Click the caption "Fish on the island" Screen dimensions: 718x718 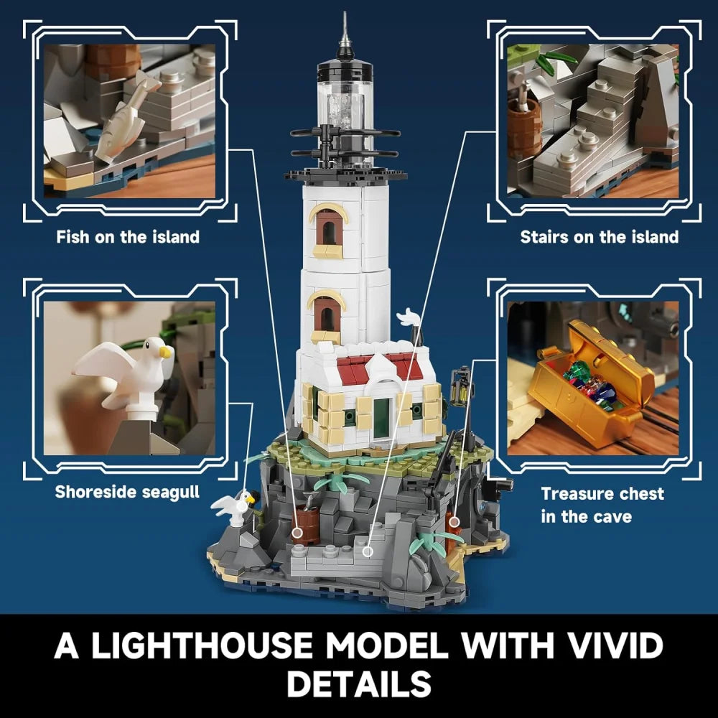tap(128, 237)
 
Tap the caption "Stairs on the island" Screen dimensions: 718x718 tap(599, 237)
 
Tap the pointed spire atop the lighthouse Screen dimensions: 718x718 tap(345, 32)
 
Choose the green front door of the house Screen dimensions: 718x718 tap(381, 416)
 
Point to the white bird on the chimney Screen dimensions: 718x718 tap(409, 318)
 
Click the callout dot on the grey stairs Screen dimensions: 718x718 tap(368, 551)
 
